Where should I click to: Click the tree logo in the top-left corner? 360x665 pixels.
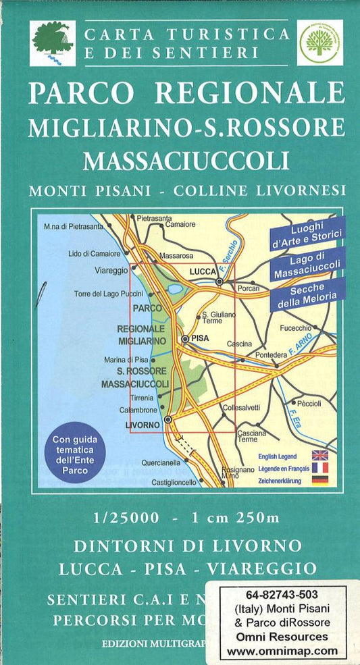pyautogui.click(x=53, y=42)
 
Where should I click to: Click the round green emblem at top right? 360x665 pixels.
pyautogui.click(x=320, y=42)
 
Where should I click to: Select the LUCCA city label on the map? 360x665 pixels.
pyautogui.click(x=203, y=271)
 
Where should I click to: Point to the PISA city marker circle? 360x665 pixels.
pyautogui.click(x=184, y=339)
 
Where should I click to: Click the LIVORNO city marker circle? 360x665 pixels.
pyautogui.click(x=168, y=419)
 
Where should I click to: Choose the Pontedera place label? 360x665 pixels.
pyautogui.click(x=271, y=354)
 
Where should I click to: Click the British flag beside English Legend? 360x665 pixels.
pyautogui.click(x=319, y=456)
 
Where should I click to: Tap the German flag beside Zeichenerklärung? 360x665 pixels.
pyautogui.click(x=319, y=480)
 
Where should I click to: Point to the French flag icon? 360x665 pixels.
pyautogui.click(x=319, y=468)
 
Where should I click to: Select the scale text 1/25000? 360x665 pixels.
pyautogui.click(x=127, y=518)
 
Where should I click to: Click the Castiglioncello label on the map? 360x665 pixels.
pyautogui.click(x=174, y=482)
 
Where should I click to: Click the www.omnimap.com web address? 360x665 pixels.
pyautogui.click(x=292, y=651)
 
